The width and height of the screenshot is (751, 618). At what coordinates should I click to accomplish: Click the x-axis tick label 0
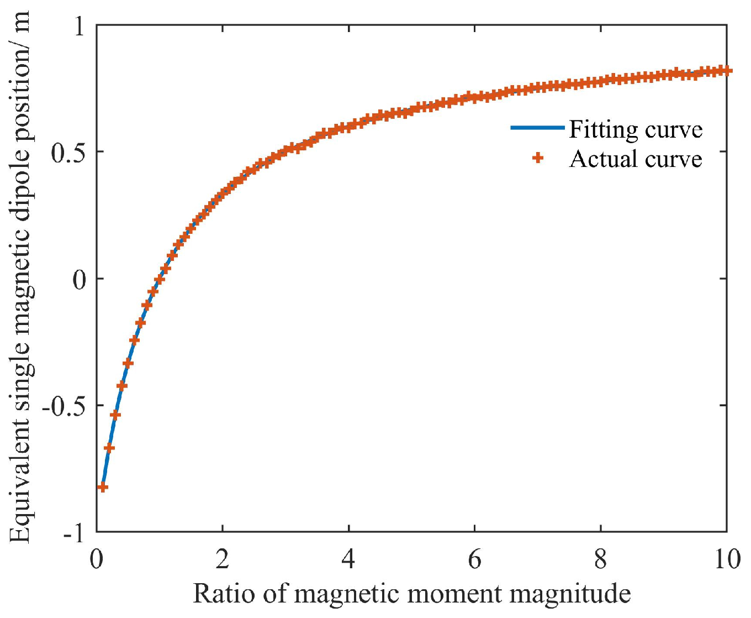pos(97,559)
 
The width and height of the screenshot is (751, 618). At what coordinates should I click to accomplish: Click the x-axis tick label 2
pos(223,559)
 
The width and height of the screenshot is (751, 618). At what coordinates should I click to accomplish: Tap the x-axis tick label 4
pos(348,559)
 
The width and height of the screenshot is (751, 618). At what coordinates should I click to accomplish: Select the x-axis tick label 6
pos(474,559)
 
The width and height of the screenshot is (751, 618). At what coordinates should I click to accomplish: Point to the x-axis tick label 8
pos(600,559)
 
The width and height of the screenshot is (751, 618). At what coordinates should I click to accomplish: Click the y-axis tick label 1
pos(80,27)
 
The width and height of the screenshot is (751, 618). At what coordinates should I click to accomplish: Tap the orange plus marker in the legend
pos(537,159)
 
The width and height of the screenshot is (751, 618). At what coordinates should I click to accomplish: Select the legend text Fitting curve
pos(636,129)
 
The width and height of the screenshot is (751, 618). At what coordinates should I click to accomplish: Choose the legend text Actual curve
pos(636,159)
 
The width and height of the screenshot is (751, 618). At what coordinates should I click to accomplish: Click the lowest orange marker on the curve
pos(102,487)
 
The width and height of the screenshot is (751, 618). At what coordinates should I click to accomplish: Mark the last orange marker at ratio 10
pos(727,70)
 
